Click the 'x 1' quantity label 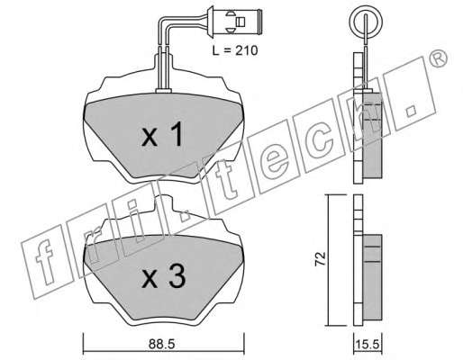(x=162, y=134)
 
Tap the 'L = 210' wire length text (x=235, y=50)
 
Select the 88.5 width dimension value (x=161, y=344)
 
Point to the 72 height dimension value (x=320, y=258)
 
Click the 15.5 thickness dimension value (x=368, y=344)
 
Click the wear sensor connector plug (x=235, y=22)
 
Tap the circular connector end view (x=366, y=22)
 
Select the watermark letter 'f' (x=44, y=265)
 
